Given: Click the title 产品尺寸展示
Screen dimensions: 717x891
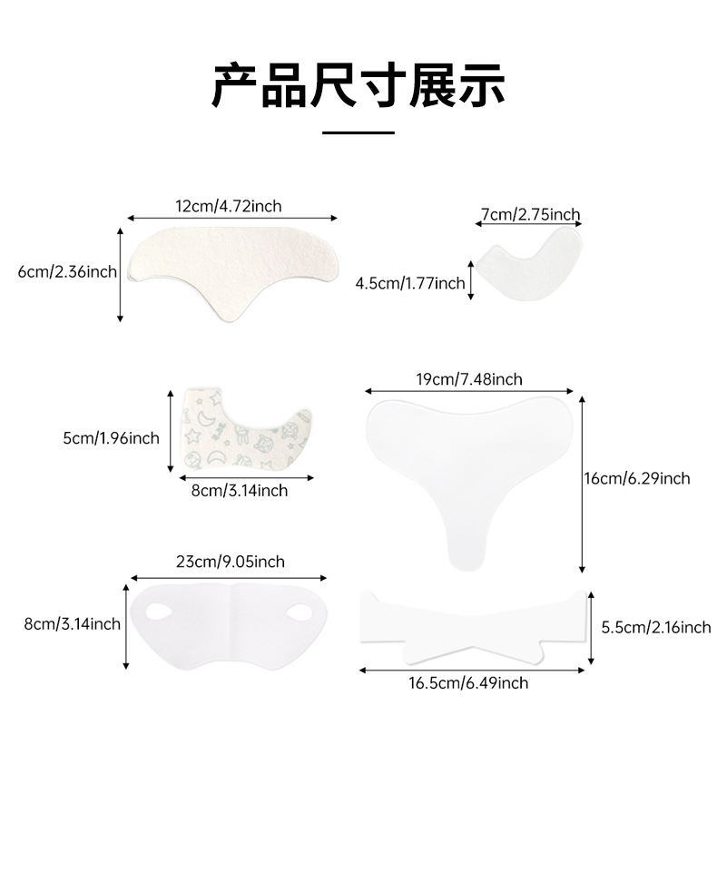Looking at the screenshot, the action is (x=358, y=85).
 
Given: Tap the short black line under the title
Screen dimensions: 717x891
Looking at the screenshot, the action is (x=358, y=132).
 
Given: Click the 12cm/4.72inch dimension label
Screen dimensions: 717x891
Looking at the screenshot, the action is (x=229, y=206).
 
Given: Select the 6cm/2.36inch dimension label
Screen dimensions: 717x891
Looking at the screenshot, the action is (x=67, y=271).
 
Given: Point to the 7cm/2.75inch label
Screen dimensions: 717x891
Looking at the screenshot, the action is (x=528, y=215).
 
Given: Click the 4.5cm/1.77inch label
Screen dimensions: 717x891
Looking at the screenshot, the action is (x=410, y=283).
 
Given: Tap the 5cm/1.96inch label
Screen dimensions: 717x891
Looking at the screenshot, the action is (x=111, y=438).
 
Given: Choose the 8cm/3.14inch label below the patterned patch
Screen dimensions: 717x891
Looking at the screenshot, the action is (x=240, y=490).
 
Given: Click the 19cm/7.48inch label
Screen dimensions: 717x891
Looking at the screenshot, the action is (x=468, y=379).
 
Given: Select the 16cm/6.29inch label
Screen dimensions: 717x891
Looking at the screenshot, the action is (x=637, y=478).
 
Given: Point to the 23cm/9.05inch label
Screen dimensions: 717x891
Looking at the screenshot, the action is (x=230, y=562).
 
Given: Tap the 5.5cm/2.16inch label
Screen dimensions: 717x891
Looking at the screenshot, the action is (x=656, y=627).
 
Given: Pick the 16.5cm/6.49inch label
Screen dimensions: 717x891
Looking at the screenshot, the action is (x=468, y=682).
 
